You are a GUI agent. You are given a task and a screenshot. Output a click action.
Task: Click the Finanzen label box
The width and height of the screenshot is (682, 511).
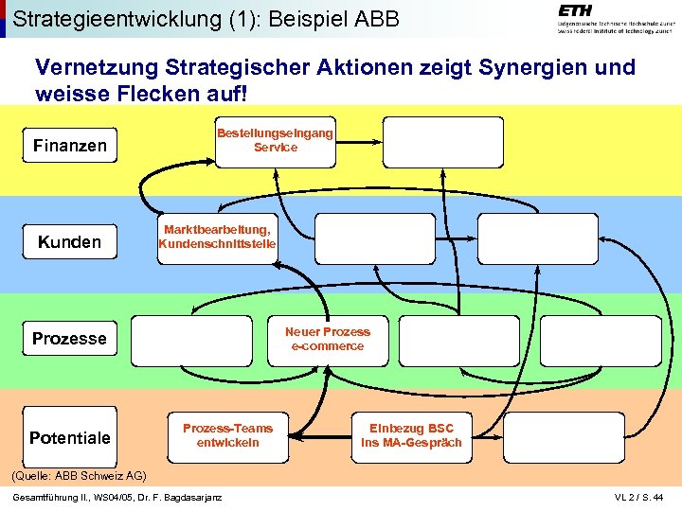coord(69,146)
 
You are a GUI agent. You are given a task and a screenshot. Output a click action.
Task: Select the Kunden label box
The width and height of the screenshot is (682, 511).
coord(69,242)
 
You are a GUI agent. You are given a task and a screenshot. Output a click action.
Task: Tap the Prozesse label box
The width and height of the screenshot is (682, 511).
coord(69,339)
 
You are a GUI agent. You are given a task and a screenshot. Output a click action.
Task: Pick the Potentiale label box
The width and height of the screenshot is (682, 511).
coord(69,437)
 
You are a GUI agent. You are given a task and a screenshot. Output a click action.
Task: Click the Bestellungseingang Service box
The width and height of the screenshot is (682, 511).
coord(275,140)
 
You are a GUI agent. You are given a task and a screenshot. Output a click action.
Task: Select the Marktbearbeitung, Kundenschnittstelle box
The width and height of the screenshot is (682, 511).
coord(217,237)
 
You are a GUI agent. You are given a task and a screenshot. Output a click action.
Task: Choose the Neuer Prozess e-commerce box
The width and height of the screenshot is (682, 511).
coord(328,339)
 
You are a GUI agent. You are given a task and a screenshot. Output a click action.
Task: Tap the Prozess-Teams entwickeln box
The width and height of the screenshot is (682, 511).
coord(227,435)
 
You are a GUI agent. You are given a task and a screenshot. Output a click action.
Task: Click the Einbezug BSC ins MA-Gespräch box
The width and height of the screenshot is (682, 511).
coord(412,435)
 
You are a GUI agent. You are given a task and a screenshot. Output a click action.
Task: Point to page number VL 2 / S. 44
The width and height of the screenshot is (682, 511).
coord(640,498)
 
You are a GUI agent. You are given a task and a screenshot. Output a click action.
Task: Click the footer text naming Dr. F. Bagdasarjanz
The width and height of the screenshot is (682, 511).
coord(117,498)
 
